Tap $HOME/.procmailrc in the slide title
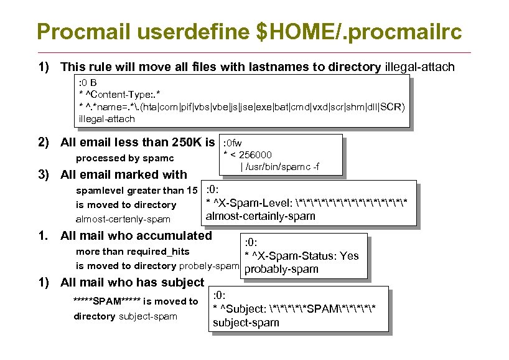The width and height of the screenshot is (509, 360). point(363,31)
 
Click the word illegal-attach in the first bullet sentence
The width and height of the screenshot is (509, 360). point(420,67)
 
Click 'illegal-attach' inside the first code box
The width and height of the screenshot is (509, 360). point(106,118)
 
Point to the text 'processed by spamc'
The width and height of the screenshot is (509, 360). point(124,158)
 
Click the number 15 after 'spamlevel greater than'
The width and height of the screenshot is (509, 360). point(191,191)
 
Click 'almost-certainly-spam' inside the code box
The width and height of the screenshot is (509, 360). point(260,216)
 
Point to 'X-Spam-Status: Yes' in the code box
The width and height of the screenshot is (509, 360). point(306,256)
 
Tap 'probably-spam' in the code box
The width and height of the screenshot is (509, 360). point(281,270)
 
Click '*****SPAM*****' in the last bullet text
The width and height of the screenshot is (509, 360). point(106,301)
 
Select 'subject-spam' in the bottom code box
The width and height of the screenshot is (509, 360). point(246,322)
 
